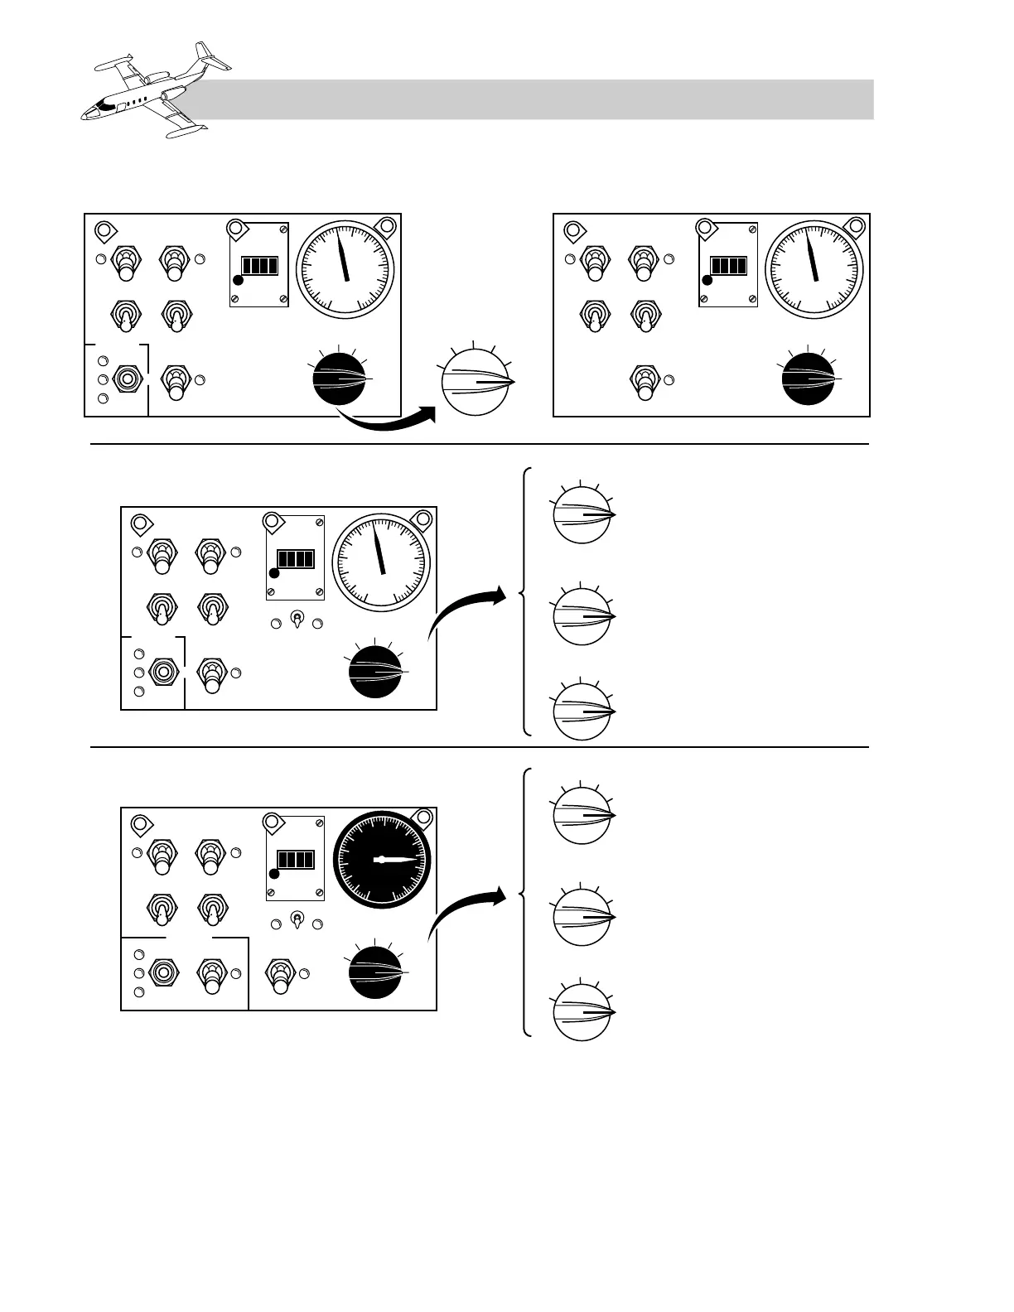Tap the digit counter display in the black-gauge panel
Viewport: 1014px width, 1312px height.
pos(296,860)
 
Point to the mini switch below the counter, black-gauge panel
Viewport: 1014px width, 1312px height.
pos(296,920)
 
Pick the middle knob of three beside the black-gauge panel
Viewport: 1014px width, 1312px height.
pos(582,917)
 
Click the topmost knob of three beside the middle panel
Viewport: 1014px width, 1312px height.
pos(582,515)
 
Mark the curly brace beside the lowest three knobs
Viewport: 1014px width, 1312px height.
pos(525,902)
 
